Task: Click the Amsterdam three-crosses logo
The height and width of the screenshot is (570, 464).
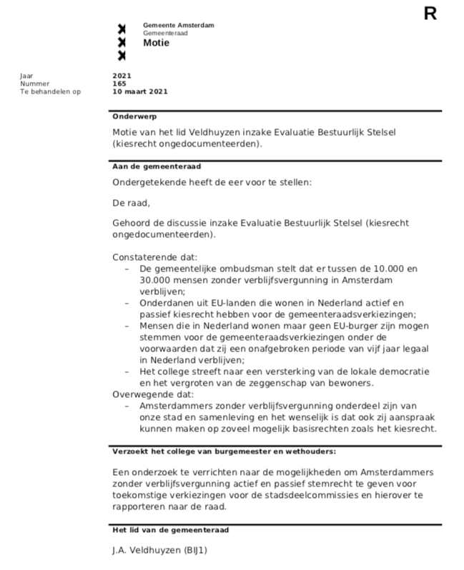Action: [x=122, y=42]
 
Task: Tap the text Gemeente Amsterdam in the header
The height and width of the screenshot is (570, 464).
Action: [x=178, y=25]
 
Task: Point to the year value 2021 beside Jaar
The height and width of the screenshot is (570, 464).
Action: [x=122, y=76]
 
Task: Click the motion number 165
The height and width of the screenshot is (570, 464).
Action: [x=119, y=84]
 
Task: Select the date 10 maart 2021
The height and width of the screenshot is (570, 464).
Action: [x=140, y=91]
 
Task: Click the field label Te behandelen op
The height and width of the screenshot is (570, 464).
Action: [x=50, y=91]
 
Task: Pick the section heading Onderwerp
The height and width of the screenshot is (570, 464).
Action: [x=134, y=116]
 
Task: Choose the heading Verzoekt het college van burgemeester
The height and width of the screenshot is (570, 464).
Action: [x=224, y=451]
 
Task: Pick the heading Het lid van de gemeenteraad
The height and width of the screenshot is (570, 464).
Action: [x=170, y=530]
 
